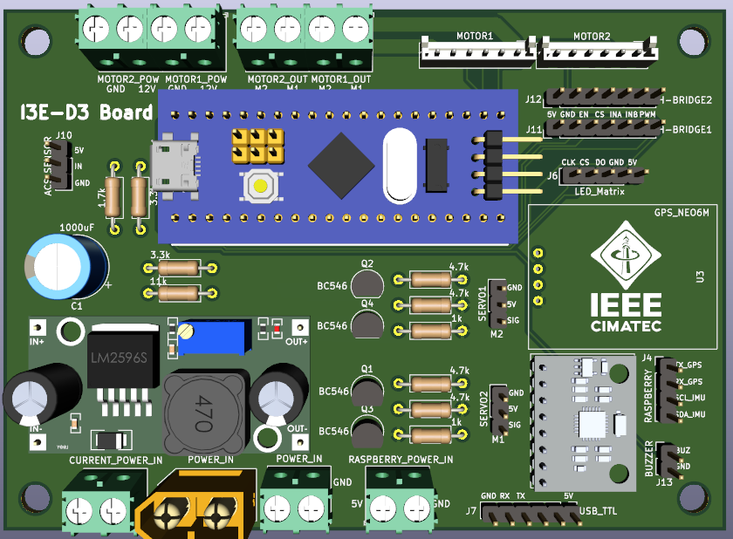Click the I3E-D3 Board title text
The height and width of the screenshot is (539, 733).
[x=86, y=113]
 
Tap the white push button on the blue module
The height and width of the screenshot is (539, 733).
[x=259, y=185]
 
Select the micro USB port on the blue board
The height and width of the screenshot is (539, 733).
[x=175, y=160]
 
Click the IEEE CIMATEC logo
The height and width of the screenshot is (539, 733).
[x=626, y=279]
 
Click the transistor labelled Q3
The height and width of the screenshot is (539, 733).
[x=367, y=430]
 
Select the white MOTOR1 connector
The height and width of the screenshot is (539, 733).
[x=475, y=51]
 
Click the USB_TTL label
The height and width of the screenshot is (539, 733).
[x=598, y=510]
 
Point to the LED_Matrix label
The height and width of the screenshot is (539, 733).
[x=599, y=190]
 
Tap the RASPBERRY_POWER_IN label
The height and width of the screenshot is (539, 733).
[x=401, y=459]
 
